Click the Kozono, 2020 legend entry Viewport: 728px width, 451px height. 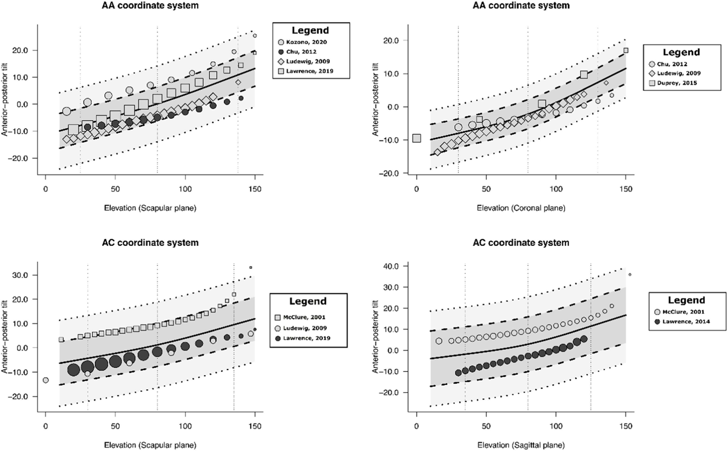click(306, 42)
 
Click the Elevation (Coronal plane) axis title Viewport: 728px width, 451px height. click(521, 208)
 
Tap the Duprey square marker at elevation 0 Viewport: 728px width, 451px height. click(416, 138)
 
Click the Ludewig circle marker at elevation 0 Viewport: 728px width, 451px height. click(46, 380)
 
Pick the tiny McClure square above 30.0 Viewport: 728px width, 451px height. click(251, 268)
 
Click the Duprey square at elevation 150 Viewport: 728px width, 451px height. click(626, 50)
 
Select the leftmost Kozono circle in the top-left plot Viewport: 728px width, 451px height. click(67, 111)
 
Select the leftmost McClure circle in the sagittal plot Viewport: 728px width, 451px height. click(439, 341)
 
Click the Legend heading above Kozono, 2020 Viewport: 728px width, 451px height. click(310, 30)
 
